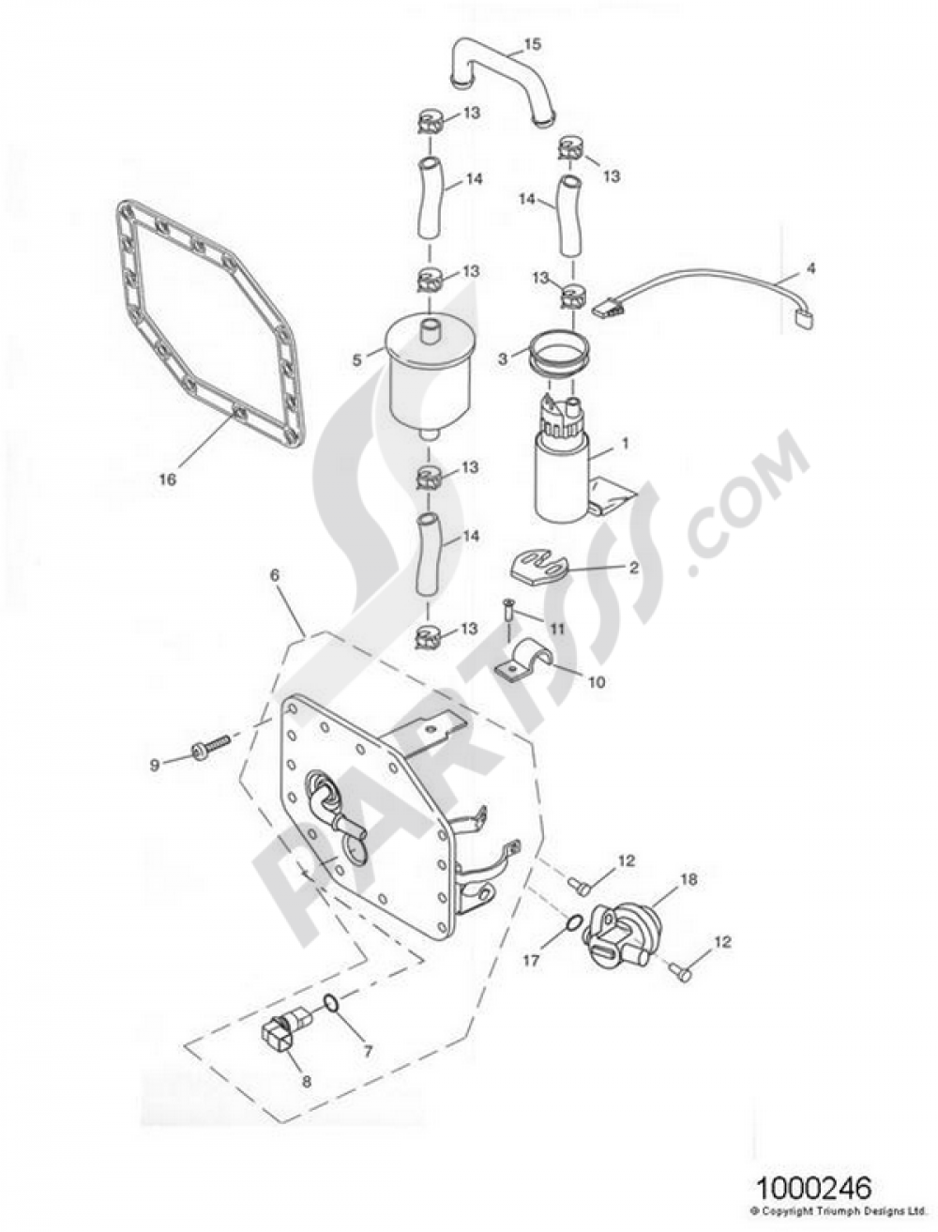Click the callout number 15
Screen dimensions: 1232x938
(x=532, y=44)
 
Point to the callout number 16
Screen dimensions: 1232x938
(x=167, y=479)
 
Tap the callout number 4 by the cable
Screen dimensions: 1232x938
(x=811, y=268)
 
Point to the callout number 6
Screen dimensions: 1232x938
(x=274, y=578)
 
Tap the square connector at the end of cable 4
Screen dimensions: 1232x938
(x=801, y=319)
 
